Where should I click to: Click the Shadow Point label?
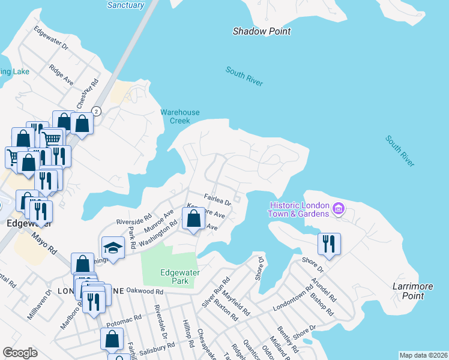click(262, 31)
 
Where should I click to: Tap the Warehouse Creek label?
click(179, 116)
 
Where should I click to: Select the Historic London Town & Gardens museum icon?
click(339, 209)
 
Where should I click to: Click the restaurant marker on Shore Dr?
click(329, 243)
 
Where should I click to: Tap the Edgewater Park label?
click(179, 277)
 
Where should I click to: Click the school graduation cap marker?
click(112, 247)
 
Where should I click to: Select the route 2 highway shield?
click(97, 111)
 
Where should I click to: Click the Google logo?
click(20, 353)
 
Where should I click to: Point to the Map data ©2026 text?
click(423, 355)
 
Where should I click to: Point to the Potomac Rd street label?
click(124, 320)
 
